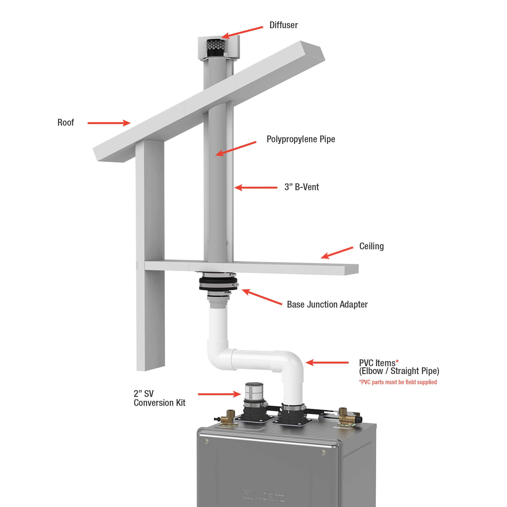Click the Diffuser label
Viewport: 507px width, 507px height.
283,25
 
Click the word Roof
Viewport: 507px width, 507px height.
66,123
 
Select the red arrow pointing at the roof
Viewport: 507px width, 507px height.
109,123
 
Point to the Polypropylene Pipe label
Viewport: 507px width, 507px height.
301,139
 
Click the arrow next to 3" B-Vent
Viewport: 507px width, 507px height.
256,187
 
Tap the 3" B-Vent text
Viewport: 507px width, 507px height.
302,187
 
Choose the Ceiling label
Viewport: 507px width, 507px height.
372,246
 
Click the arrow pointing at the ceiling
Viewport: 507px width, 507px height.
337,253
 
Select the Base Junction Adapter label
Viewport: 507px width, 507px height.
327,304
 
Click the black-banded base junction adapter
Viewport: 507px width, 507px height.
219,285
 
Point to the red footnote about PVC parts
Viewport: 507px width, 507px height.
398,382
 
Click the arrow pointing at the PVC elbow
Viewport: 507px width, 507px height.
327,363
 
